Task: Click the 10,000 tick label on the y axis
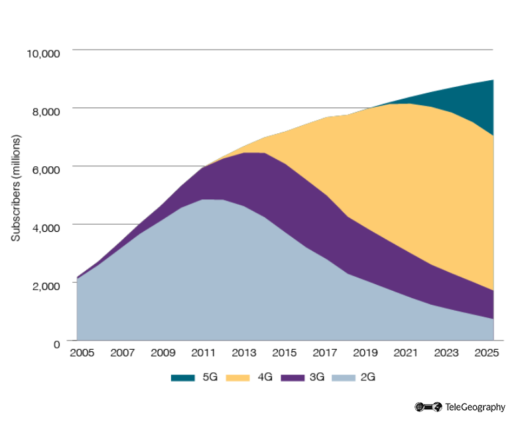coord(42,52)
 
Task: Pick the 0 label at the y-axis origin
coord(57,343)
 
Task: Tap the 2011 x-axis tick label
coord(203,352)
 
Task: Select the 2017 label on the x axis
coord(326,352)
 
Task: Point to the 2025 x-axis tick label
coord(489,352)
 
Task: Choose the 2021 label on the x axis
coord(407,352)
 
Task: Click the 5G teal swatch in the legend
coord(182,378)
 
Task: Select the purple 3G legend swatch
coord(292,378)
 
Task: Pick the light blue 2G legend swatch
coord(346,378)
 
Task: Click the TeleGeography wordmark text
coord(475,407)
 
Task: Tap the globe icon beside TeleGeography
coord(437,407)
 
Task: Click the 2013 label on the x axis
coord(244,352)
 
